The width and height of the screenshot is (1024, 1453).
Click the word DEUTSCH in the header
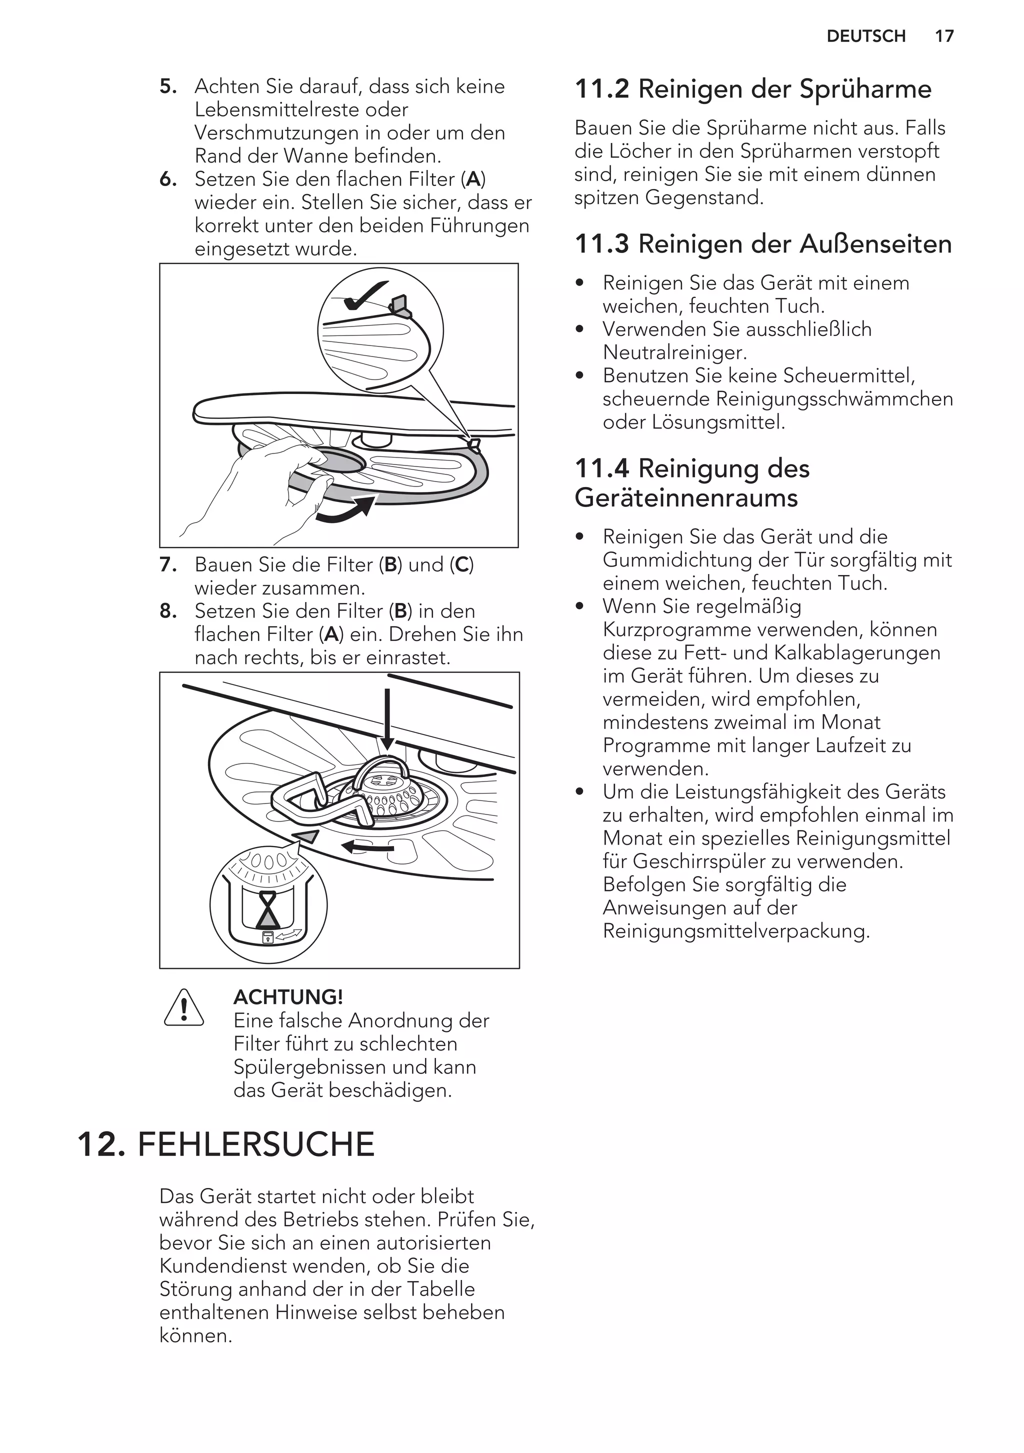coord(866,36)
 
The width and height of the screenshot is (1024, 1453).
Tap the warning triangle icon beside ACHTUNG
coord(183,1008)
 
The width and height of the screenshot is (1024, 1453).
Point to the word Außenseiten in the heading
coord(876,244)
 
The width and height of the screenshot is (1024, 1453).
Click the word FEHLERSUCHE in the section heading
coord(255,1144)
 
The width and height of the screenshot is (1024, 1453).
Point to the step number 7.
coord(167,564)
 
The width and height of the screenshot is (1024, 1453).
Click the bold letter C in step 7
coord(462,564)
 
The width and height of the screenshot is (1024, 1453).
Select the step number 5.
coord(167,86)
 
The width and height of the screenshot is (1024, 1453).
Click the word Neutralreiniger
coord(674,352)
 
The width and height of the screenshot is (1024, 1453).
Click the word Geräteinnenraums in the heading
coord(686,498)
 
